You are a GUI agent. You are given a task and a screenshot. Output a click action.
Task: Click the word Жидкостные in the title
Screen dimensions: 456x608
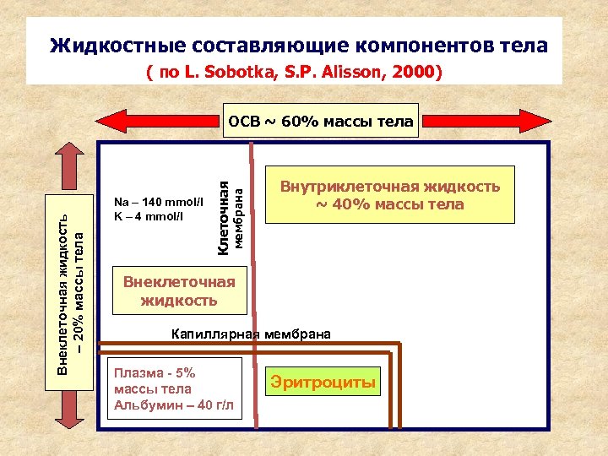click(x=117, y=46)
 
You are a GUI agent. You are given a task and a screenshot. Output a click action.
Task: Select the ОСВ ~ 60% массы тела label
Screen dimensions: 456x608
click(x=321, y=122)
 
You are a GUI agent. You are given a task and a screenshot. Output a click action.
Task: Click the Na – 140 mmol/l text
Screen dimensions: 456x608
click(x=158, y=202)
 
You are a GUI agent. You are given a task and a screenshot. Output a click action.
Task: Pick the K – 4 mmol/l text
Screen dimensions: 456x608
click(x=151, y=215)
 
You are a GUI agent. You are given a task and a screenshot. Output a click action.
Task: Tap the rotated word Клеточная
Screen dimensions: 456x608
click(x=224, y=207)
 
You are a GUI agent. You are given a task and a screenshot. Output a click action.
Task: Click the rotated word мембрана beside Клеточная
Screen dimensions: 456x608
click(x=239, y=218)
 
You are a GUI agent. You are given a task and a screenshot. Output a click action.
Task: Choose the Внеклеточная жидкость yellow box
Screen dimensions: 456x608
click(x=179, y=290)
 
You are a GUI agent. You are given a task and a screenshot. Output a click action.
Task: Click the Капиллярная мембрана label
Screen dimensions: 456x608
click(x=252, y=334)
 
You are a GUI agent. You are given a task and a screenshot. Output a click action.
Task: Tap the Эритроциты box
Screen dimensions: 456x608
click(x=323, y=383)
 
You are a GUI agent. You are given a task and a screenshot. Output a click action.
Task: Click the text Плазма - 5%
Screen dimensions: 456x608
click(x=155, y=372)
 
